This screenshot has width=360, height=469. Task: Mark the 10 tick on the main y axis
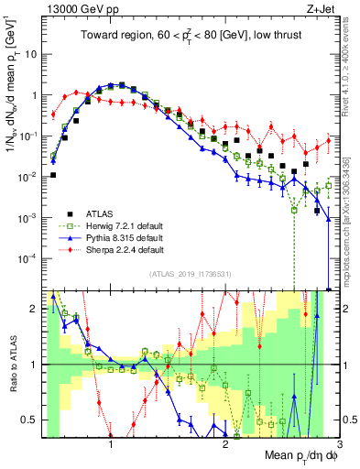30,54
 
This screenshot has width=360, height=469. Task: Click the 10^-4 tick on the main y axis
27,258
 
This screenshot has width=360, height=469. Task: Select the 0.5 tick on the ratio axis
30,420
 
